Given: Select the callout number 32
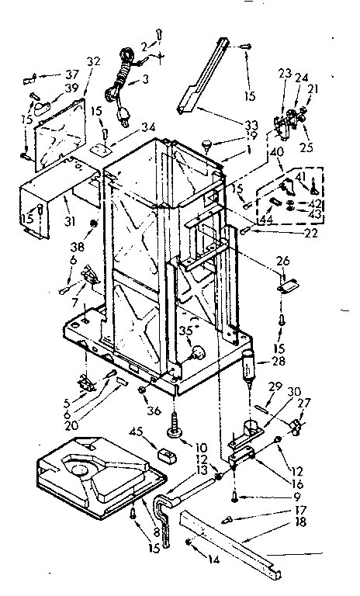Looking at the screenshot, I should pos(93,61).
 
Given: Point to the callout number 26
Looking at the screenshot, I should pos(284,261).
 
